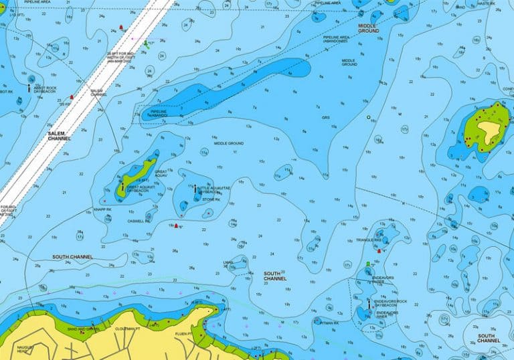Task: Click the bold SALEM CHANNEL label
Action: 59,137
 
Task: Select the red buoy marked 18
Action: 121,28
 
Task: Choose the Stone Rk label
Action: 211,199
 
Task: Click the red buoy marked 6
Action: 175,226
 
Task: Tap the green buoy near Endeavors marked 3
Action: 368,265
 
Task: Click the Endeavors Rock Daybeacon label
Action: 391,303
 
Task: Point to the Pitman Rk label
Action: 330,323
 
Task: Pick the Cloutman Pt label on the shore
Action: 127,329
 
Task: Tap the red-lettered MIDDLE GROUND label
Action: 368,28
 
